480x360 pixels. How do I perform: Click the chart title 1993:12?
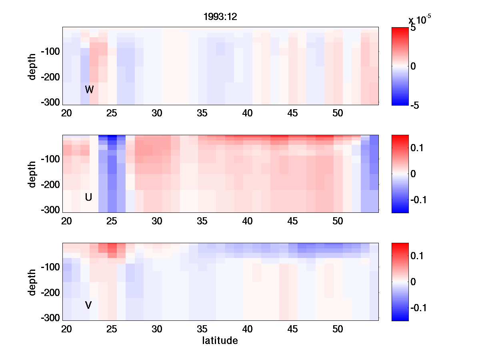coord(221,17)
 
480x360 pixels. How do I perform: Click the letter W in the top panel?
coord(89,90)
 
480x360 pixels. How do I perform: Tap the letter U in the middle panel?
coord(89,197)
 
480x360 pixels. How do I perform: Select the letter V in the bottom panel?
coord(88,305)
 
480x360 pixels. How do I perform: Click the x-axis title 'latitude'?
coord(220,341)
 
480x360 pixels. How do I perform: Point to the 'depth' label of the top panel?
coord(32,66)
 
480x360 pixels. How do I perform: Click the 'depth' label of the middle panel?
coord(32,174)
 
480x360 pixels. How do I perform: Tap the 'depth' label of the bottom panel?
coord(32,282)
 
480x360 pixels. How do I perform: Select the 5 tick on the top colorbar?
coord(413,28)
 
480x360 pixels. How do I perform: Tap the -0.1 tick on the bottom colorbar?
coord(418,308)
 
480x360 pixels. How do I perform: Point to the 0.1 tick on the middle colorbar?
coord(418,148)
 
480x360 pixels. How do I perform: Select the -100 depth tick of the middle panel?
coord(50,159)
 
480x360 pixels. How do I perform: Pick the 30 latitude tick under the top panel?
coord(157,114)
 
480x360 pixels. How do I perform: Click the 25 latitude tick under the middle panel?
coord(112,222)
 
